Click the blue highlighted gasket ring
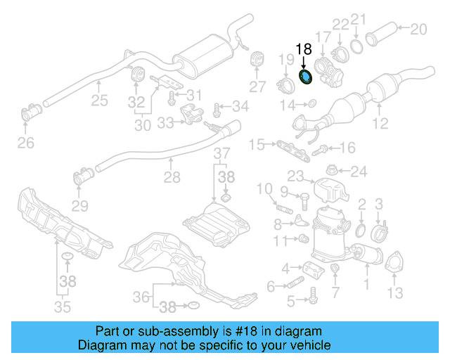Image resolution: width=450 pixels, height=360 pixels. [307, 77]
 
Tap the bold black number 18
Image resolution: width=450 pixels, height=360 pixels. [303, 50]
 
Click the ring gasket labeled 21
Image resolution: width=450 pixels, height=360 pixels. [357, 47]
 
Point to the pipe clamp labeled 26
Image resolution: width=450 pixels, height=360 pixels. [32, 112]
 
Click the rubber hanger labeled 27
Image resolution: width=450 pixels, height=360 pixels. [257, 59]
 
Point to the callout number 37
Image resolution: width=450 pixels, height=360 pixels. [221, 153]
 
